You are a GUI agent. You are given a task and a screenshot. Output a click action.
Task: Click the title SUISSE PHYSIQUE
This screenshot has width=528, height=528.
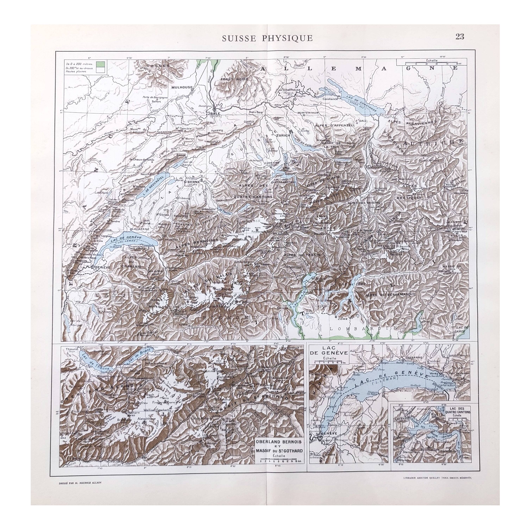[x=267, y=38]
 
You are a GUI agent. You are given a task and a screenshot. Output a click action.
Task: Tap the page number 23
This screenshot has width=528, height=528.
[x=460, y=37]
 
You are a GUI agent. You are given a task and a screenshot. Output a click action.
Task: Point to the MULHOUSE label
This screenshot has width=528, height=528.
[x=182, y=87]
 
